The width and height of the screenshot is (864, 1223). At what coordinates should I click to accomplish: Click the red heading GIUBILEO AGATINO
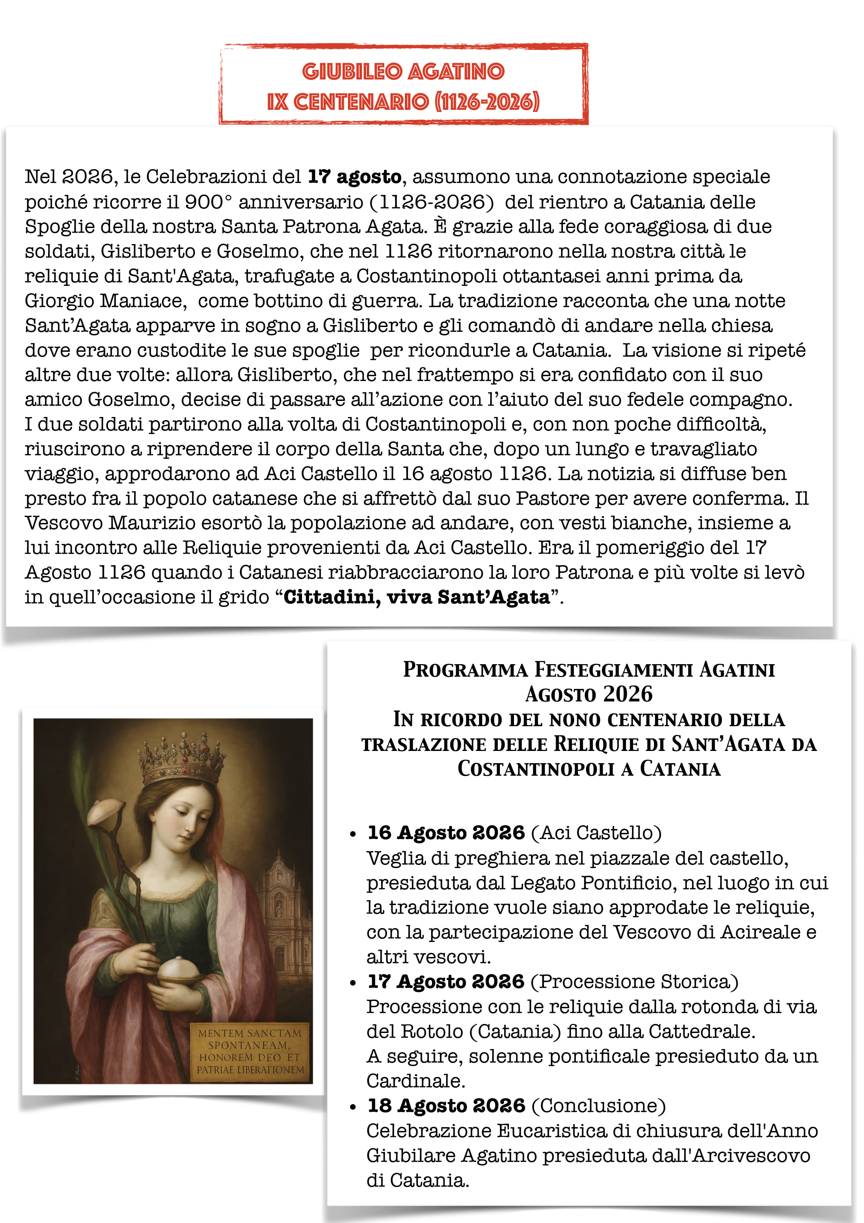(x=403, y=71)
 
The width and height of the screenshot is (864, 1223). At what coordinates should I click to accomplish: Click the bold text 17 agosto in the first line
(x=355, y=177)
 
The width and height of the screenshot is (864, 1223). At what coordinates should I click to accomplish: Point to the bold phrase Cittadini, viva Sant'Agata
(x=417, y=597)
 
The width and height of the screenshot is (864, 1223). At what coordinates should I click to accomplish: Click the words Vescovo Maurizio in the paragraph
(x=110, y=523)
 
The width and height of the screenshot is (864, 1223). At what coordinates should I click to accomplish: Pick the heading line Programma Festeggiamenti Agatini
(x=589, y=670)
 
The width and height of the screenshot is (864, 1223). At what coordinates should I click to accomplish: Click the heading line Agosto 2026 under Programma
(x=589, y=694)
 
